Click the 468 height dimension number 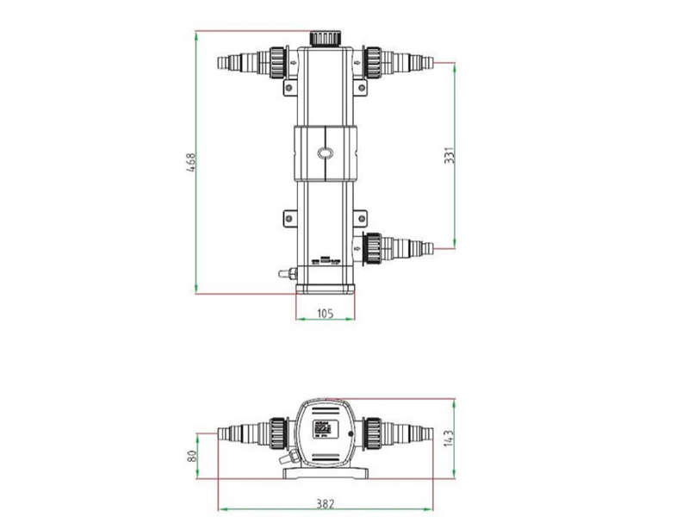coord(191,163)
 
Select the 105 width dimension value coord(325,314)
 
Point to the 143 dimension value coord(448,438)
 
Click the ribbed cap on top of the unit coord(324,38)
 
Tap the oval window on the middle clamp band coord(325,153)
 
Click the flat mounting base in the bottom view coord(325,470)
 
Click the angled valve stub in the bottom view coord(294,458)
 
